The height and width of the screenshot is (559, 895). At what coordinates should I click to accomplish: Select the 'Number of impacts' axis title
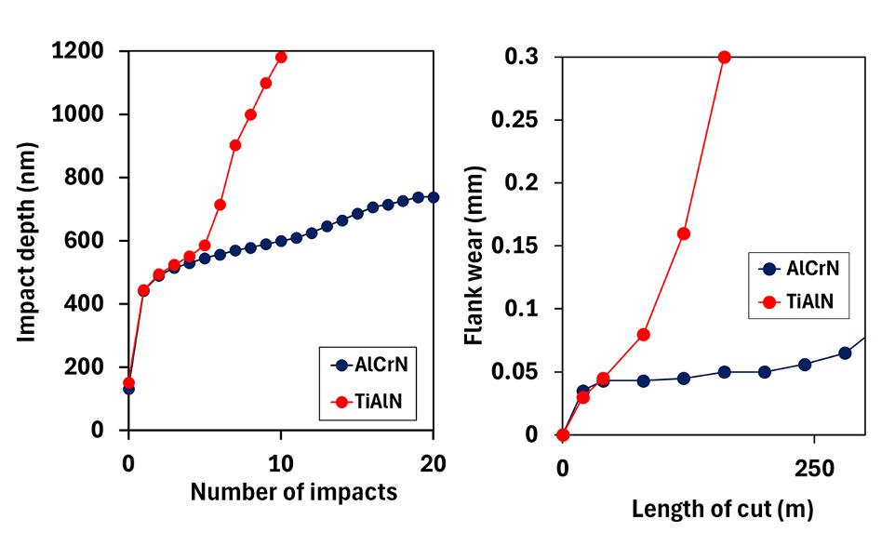(293, 492)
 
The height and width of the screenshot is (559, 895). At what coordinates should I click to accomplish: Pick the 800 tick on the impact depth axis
(90, 178)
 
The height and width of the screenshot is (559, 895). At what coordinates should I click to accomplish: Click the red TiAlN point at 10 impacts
(281, 57)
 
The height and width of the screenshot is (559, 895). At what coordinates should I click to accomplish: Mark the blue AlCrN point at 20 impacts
(433, 197)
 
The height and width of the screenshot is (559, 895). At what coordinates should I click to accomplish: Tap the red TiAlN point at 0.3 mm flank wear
(725, 57)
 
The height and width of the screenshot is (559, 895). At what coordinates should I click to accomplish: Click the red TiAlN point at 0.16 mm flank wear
(684, 233)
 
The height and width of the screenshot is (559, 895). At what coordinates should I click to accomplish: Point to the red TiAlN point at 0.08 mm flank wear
(643, 334)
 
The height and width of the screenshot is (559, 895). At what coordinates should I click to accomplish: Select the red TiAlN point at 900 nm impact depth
(235, 145)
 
